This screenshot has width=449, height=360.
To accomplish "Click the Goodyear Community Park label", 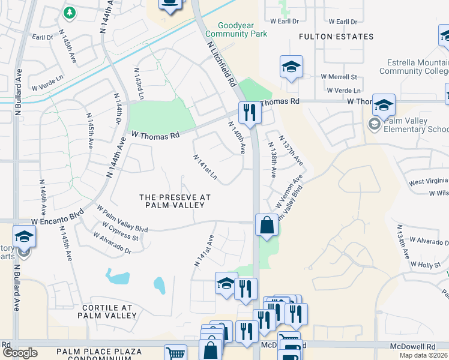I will pyautogui.click(x=242, y=30).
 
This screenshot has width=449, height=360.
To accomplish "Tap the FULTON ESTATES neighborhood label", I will pyautogui.click(x=336, y=37).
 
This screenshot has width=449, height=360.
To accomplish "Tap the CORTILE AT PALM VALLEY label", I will pyautogui.click(x=107, y=311).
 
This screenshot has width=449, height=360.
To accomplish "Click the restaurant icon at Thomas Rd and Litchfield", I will pyautogui.click(x=249, y=112).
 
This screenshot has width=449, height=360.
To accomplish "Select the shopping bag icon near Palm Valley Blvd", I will pyautogui.click(x=267, y=226).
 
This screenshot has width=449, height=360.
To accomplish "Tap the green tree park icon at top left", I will pyautogui.click(x=70, y=12).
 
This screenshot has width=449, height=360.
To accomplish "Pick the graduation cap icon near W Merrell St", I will pyautogui.click(x=291, y=67).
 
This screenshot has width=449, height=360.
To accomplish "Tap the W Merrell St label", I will pyautogui.click(x=339, y=77).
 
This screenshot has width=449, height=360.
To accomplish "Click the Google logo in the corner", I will pyautogui.click(x=20, y=353).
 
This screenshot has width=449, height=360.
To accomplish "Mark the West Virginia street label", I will pyautogui.click(x=428, y=182).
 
